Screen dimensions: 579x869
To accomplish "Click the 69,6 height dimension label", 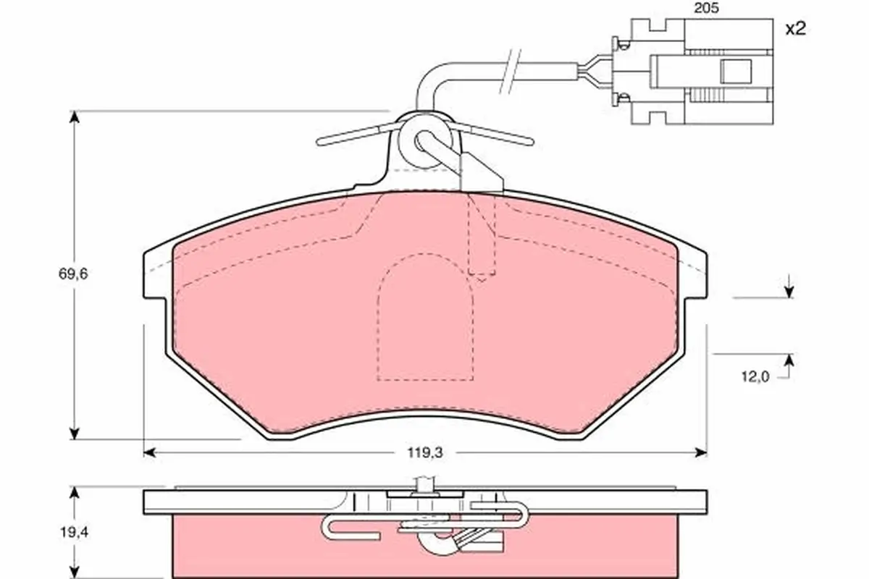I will coord(72,274).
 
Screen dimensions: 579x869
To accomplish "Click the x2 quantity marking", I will coord(796,30).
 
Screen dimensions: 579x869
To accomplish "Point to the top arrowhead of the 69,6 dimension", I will coord(73,117).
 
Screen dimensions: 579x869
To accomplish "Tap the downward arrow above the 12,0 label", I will coord(789,291).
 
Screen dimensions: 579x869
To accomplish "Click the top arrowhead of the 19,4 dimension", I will coord(73,493).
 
